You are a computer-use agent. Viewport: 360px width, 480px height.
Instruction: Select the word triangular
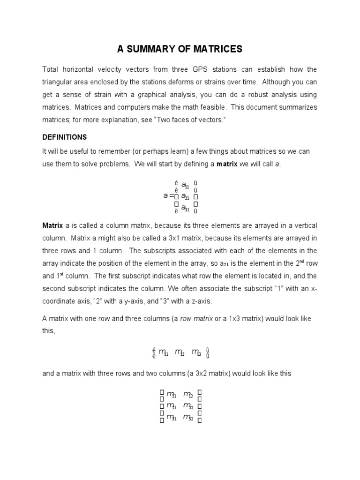tap(61, 82)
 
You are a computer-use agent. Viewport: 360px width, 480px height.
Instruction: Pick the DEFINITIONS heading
tap(65, 137)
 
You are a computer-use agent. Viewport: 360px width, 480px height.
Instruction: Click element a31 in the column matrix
tap(185, 208)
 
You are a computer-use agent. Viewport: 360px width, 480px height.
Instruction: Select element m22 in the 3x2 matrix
tap(187, 406)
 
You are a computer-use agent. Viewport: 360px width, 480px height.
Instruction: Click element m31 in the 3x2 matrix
tap(171, 417)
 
